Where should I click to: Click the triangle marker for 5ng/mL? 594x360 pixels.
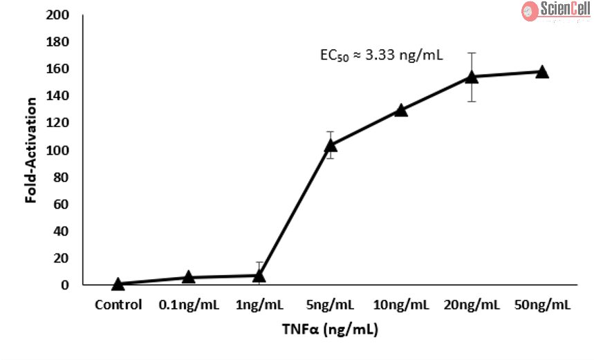[331, 145]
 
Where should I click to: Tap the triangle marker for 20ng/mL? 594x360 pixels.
[472, 77]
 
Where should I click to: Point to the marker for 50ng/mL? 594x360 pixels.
[542, 72]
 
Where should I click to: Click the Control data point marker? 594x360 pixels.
[118, 284]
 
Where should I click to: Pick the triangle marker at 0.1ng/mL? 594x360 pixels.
[189, 278]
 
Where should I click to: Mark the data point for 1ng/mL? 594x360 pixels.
[259, 276]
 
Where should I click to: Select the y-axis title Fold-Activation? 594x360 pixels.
[31, 150]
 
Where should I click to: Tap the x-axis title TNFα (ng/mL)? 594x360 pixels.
[330, 330]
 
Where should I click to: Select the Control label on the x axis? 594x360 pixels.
[118, 305]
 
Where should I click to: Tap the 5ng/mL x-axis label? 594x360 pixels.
[331, 305]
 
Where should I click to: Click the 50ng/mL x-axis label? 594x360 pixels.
[542, 305]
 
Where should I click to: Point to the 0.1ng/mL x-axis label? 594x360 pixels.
[189, 305]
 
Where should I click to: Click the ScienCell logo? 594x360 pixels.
[555, 10]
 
